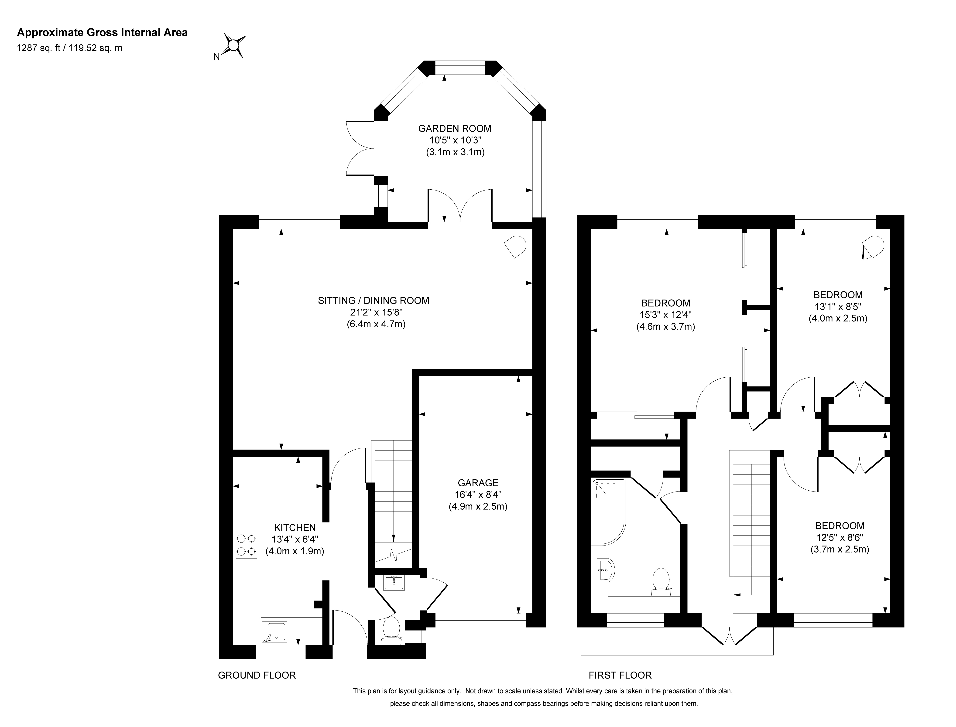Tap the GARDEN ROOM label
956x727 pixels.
pyautogui.click(x=455, y=129)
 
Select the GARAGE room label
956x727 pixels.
pyautogui.click(x=478, y=483)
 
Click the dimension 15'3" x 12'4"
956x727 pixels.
pyautogui.click(x=666, y=315)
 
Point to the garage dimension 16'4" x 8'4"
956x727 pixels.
pyautogui.click(x=478, y=495)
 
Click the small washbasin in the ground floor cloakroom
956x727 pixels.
pyautogui.click(x=394, y=583)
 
